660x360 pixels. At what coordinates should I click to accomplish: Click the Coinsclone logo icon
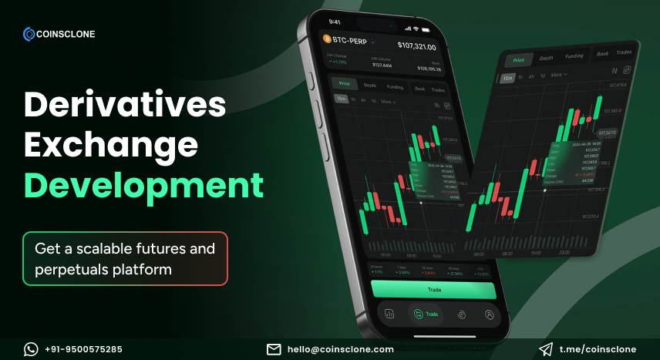[x=29, y=33]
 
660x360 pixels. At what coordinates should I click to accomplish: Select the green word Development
[x=143, y=186]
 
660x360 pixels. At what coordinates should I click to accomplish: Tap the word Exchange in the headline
[x=110, y=145]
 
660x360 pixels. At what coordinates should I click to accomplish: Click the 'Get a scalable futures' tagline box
[x=125, y=259]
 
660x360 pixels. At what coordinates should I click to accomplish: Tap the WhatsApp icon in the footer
[x=31, y=349]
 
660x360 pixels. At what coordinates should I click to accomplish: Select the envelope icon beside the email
[x=274, y=349]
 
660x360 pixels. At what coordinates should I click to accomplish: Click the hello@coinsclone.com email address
[x=340, y=349]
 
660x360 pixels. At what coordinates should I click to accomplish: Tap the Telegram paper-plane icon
[x=546, y=349]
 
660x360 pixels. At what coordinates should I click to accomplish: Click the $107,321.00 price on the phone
[x=416, y=46]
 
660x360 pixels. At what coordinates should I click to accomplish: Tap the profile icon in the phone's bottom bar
[x=489, y=315]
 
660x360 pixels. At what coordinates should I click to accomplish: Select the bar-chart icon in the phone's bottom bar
[x=389, y=314]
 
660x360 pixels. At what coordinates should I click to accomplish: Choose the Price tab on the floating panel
[x=519, y=59]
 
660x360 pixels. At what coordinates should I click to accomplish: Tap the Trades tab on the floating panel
[x=625, y=52]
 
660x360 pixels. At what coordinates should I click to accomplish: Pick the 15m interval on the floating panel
[x=508, y=77]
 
